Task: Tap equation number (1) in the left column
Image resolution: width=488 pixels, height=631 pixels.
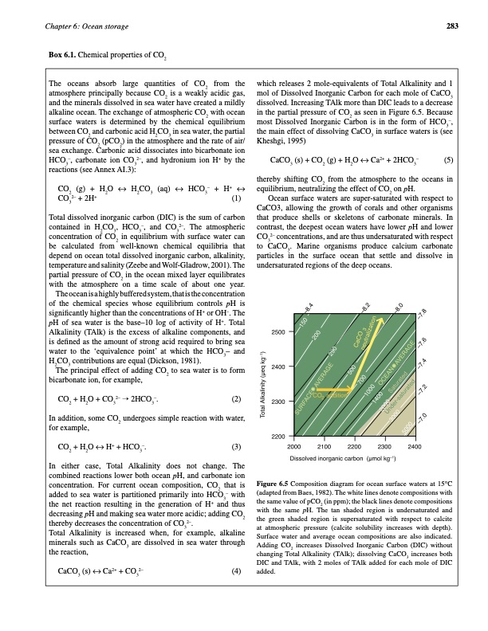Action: tap(235, 198)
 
